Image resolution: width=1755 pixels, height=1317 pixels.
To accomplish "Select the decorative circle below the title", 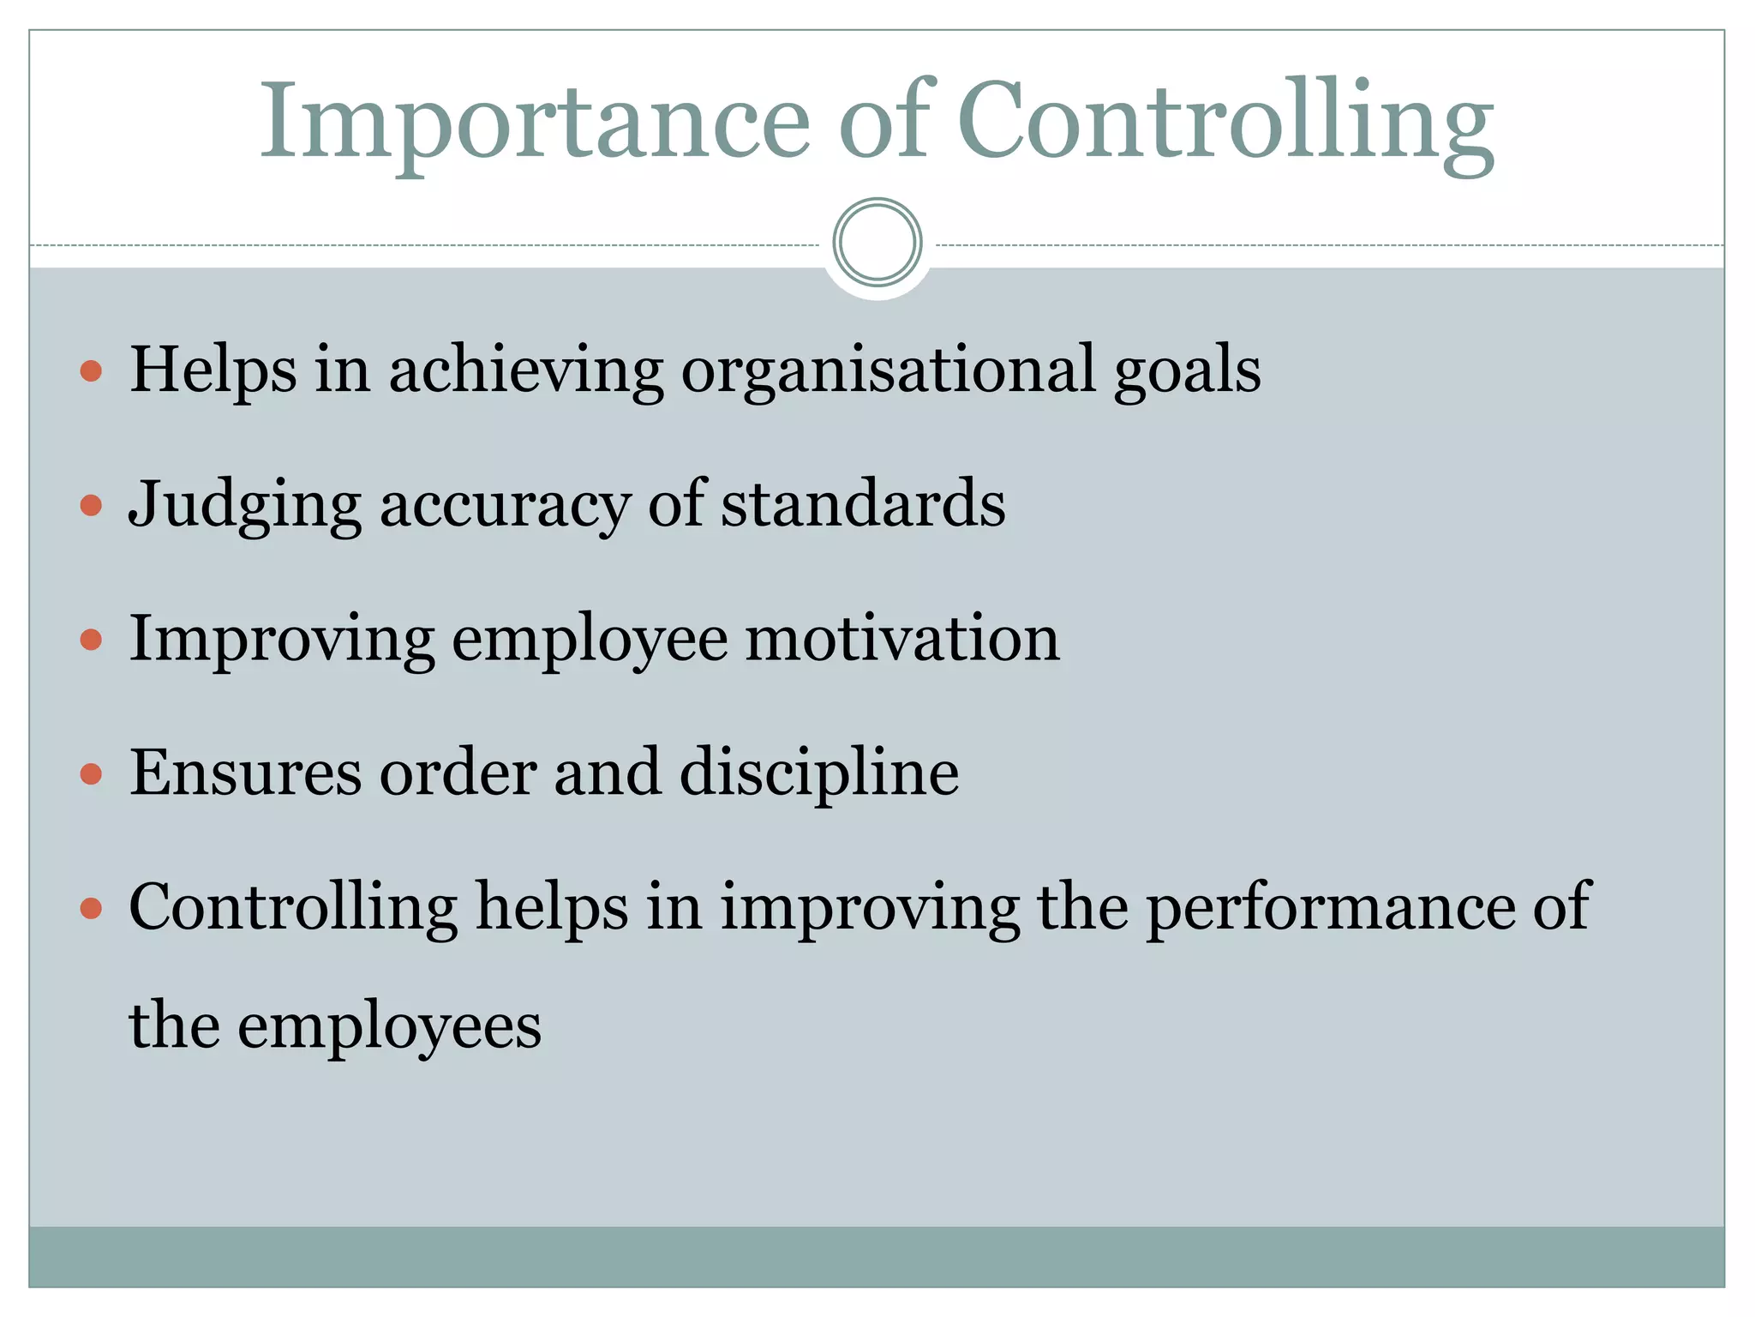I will tap(877, 242).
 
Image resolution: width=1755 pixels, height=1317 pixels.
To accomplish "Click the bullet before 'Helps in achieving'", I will tap(91, 371).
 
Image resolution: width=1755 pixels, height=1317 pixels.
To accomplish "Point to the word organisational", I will tap(888, 370).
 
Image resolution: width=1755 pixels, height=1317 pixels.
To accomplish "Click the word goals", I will tap(1187, 370).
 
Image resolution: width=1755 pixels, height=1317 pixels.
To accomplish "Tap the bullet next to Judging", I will tap(91, 505).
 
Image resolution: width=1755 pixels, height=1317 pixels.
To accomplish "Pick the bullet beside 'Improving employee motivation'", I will tap(91, 640).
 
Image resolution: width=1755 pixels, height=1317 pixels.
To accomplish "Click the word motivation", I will tap(902, 639).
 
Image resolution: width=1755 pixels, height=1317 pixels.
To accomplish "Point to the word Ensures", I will tap(245, 773).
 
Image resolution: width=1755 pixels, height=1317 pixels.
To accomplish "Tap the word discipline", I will tap(818, 773).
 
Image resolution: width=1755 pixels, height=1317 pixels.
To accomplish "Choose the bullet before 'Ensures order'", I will tap(91, 774).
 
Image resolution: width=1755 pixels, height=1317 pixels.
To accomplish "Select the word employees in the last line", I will tap(389, 1026).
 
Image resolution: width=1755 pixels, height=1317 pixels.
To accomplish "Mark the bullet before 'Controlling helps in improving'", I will tap(91, 908).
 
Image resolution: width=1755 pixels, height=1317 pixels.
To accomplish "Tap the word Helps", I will tap(213, 370).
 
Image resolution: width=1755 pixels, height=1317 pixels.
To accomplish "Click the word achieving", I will tap(526, 370).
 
